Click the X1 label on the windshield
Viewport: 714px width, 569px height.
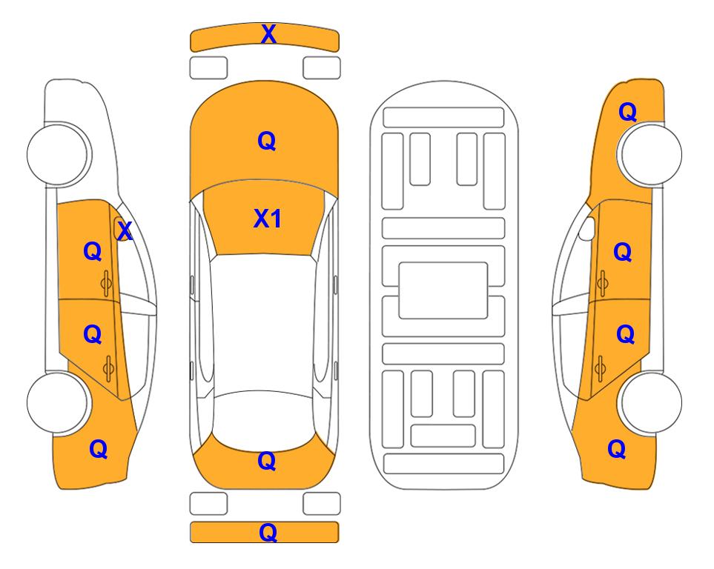pyautogui.click(x=268, y=219)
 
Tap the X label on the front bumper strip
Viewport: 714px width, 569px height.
pyautogui.click(x=268, y=34)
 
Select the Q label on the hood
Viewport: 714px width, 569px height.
pyautogui.click(x=267, y=141)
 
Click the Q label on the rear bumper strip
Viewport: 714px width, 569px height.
pyautogui.click(x=268, y=532)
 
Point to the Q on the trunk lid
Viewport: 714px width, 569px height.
pyautogui.click(x=267, y=461)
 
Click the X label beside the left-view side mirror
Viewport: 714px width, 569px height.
pyautogui.click(x=125, y=231)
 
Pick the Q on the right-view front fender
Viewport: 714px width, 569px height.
pyautogui.click(x=627, y=112)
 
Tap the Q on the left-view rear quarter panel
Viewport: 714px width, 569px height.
pyautogui.click(x=99, y=449)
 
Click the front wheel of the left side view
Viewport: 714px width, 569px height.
pyautogui.click(x=57, y=154)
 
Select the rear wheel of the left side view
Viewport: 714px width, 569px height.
pyautogui.click(x=57, y=402)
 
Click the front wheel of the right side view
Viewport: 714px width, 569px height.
pyautogui.click(x=652, y=154)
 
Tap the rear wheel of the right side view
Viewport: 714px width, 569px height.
pyautogui.click(x=652, y=402)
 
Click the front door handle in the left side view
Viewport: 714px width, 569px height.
pyautogui.click(x=106, y=284)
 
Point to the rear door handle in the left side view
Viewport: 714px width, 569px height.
pyautogui.click(x=108, y=368)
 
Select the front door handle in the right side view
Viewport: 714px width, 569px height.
pyautogui.click(x=603, y=284)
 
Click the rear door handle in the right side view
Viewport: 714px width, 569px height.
pyautogui.click(x=600, y=368)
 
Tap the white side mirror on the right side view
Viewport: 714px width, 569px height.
pyautogui.click(x=587, y=229)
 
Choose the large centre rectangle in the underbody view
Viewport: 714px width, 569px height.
pyautogui.click(x=443, y=290)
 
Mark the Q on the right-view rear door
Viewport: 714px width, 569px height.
pyautogui.click(x=625, y=335)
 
